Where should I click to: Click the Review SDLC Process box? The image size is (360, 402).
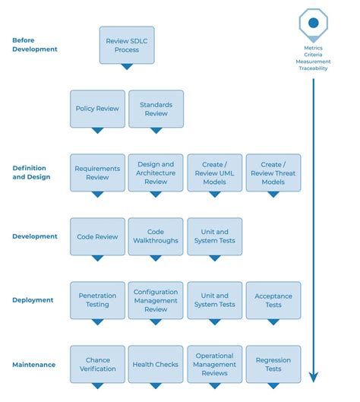pos(127,45)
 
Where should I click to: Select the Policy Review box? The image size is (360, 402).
pos(97,109)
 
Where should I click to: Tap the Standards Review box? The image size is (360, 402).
pos(156,109)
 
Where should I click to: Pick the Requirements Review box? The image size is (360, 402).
pos(97,173)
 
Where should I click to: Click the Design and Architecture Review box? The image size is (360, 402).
pos(156,173)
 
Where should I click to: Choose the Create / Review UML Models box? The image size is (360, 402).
pos(214,173)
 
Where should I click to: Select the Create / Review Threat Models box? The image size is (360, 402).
pos(273,173)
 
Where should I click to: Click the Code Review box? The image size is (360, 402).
pos(97,236)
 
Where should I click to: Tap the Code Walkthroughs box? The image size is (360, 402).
pos(156,236)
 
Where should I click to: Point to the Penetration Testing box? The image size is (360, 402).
pos(97,300)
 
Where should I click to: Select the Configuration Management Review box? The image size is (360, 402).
pos(156,300)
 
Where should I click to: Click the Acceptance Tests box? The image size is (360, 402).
pos(273,300)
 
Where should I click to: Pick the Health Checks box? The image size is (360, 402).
pos(156,364)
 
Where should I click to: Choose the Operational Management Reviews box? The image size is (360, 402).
pos(214,364)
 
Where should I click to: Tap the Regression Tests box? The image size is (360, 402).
pos(273,364)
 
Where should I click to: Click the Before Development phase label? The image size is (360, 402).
pos(35,44)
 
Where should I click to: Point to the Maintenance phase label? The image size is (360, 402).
pos(34,365)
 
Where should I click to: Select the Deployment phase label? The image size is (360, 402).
pos(33,300)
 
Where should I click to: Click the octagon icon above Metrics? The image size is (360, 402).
pos(313,23)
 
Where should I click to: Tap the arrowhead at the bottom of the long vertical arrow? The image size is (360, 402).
pos(313,376)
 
